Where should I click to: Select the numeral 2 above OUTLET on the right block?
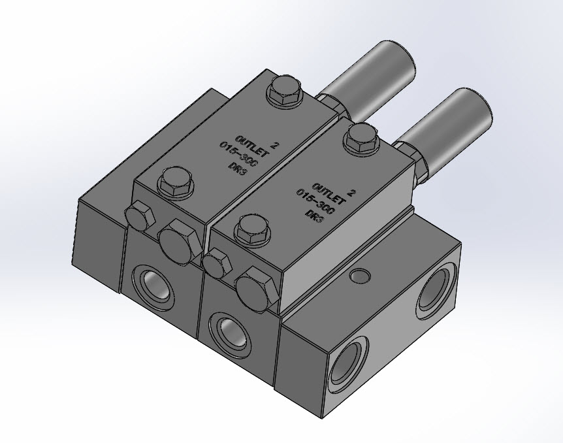point(352,193)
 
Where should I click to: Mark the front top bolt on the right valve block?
point(253,229)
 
